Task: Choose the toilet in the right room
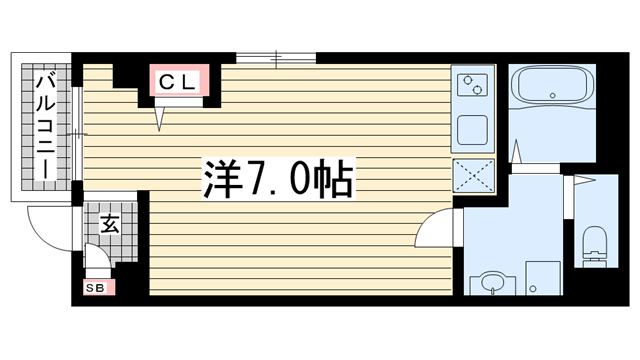click(x=593, y=243)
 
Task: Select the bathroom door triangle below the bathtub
click(x=517, y=151)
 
